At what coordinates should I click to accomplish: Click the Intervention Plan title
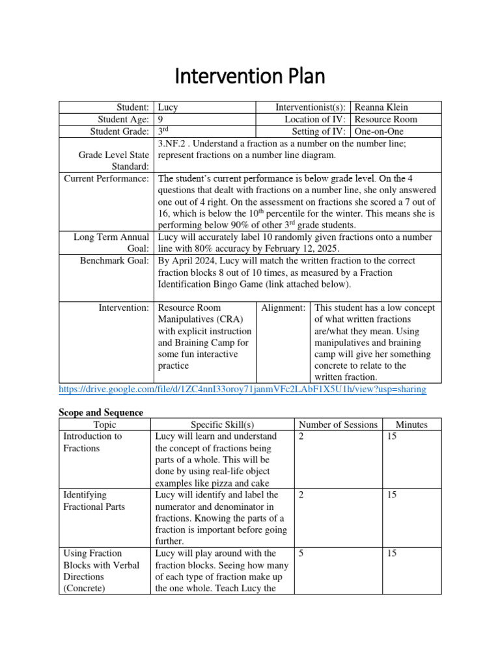point(249,77)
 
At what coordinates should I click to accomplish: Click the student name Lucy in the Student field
point(168,107)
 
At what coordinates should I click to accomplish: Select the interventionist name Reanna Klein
point(380,107)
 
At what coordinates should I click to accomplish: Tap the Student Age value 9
point(161,120)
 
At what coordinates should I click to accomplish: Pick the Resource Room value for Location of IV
point(386,120)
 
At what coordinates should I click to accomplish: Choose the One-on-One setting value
point(378,131)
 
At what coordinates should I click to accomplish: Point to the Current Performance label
point(107,178)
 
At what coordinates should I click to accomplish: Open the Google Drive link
point(242,389)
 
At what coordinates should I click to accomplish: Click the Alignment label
point(283,308)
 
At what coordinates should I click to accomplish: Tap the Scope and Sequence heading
point(101,412)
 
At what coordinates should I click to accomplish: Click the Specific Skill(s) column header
point(222,425)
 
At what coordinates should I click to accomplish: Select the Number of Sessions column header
point(338,425)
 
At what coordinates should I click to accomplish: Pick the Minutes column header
point(411,425)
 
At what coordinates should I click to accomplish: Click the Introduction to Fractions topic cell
point(92,442)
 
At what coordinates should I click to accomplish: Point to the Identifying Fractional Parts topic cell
point(94,501)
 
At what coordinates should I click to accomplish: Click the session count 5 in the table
point(301,553)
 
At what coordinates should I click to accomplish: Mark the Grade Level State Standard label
point(113,161)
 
